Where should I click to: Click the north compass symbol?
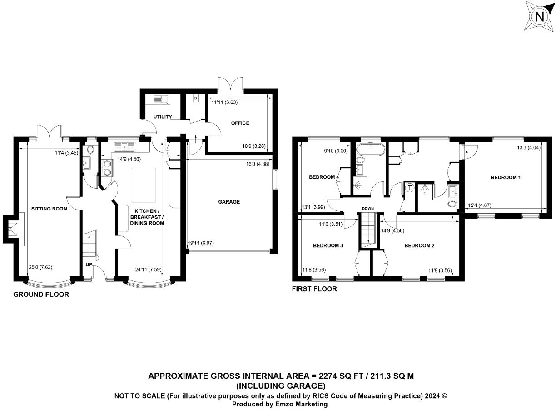pos(539,17)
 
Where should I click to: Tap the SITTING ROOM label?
pos(49,209)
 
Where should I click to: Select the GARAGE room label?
pos(229,202)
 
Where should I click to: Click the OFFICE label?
pos(240,123)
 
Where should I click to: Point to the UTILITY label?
pos(163,117)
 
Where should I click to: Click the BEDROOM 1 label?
pos(506,177)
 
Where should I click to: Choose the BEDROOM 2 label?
pos(420,246)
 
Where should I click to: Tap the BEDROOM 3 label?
pos(328,246)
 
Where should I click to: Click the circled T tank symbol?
pos(410,188)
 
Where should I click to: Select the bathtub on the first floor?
pos(371,149)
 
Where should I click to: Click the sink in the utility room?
pos(161,99)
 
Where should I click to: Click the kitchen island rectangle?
pos(144,185)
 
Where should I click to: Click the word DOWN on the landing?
pos(368,209)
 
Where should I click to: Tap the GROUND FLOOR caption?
pos(41,294)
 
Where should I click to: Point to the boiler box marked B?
pos(195,98)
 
